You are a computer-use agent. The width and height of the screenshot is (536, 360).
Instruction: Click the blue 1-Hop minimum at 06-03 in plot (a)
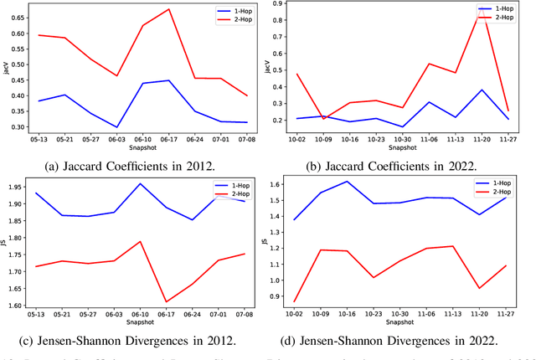(117, 127)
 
